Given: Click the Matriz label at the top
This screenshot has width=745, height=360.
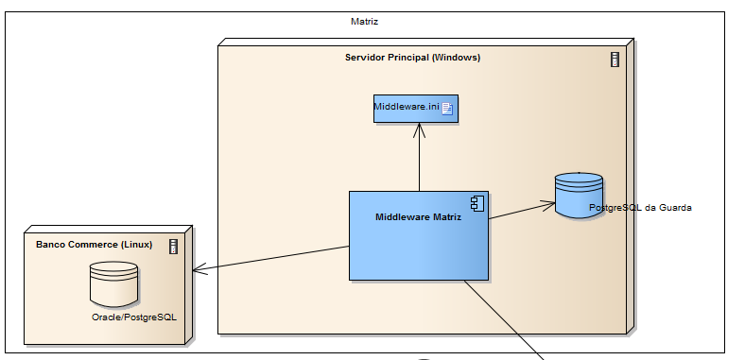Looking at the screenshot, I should click(x=364, y=21).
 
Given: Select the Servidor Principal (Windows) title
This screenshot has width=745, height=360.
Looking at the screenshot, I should click(x=412, y=58).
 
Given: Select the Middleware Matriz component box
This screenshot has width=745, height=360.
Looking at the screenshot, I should click(x=419, y=246).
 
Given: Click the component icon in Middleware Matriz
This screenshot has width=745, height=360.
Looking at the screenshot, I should click(x=477, y=203).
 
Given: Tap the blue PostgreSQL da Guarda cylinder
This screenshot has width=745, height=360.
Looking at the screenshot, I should click(x=578, y=196).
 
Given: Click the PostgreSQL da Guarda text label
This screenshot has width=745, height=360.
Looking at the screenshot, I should click(x=632, y=208).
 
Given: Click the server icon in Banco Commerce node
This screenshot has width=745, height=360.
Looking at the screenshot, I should click(x=173, y=247).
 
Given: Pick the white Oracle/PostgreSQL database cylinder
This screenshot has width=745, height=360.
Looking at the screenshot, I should click(x=113, y=283).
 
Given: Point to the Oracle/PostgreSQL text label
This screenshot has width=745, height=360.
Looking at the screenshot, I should click(x=133, y=317).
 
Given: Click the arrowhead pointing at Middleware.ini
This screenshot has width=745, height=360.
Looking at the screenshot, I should click(x=419, y=129).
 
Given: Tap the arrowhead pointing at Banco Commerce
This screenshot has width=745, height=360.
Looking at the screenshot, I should click(x=198, y=271).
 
